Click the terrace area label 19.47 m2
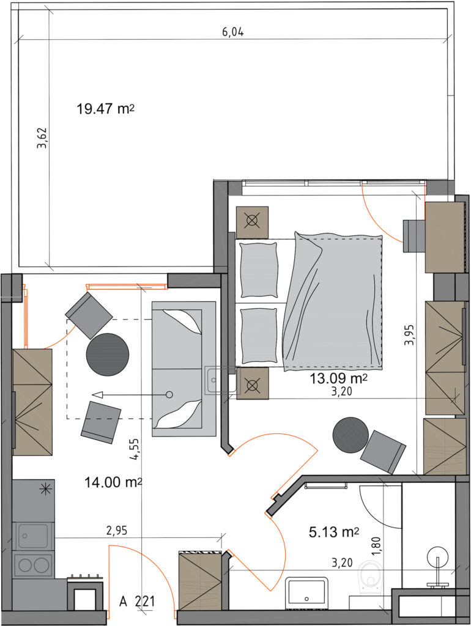[x=105, y=108]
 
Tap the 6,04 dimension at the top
[x=233, y=32]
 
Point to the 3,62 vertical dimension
[x=42, y=138]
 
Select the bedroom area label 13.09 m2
[x=339, y=378]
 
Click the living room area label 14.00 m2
[x=113, y=482]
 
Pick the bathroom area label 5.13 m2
[x=334, y=532]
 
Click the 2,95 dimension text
[x=117, y=531]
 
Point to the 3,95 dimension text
[x=409, y=334]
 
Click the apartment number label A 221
[x=137, y=601]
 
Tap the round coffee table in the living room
[x=108, y=355]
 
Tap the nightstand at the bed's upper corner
[x=252, y=223]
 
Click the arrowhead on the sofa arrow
[x=97, y=395]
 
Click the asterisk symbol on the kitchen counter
[x=46, y=489]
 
